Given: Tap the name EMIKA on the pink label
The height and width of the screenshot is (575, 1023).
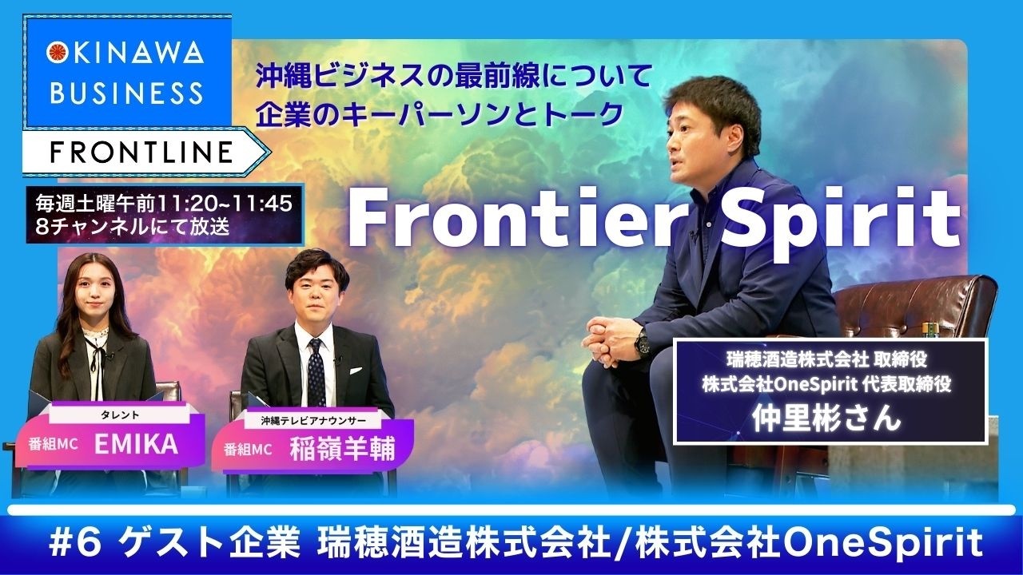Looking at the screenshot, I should click(x=136, y=445).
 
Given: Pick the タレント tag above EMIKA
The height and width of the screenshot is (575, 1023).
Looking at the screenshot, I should click(x=119, y=415).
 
